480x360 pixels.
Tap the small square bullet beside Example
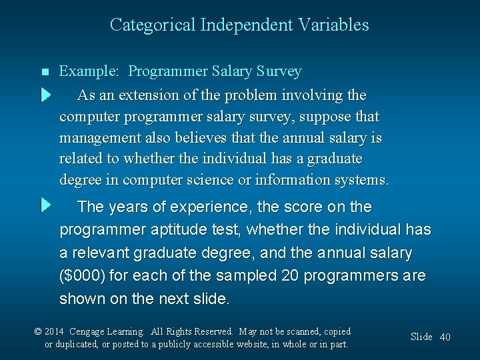click(45, 72)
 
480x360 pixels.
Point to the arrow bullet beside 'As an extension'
click(45, 95)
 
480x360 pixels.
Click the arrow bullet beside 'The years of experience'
click(45, 205)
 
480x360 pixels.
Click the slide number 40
click(445, 337)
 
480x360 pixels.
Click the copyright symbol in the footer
click(39, 331)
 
